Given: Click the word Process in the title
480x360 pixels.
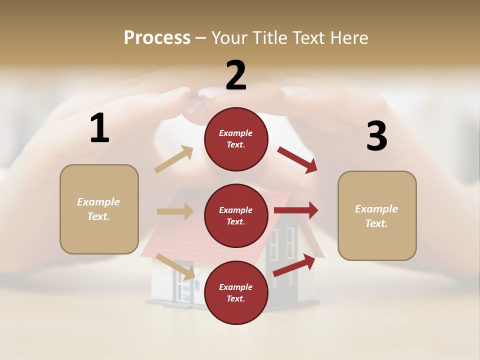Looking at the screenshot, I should point(157,38).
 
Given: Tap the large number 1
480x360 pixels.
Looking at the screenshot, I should point(99,128).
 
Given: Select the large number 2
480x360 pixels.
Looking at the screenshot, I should point(236,75).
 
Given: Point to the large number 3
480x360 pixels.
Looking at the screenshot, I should point(376,136).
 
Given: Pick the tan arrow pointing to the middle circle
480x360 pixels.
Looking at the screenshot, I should point(175,211).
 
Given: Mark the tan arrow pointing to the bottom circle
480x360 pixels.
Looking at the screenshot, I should point(175,266).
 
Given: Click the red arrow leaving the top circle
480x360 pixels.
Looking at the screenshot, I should point(297,159).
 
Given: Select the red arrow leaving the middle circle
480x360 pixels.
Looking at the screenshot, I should point(296,210).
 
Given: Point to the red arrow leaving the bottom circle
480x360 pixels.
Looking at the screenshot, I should point(294,265).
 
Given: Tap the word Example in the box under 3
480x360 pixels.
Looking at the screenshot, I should point(376,209).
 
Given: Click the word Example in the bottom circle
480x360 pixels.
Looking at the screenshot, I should point(236,287).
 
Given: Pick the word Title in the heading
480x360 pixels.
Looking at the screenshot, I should point(269,38).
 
